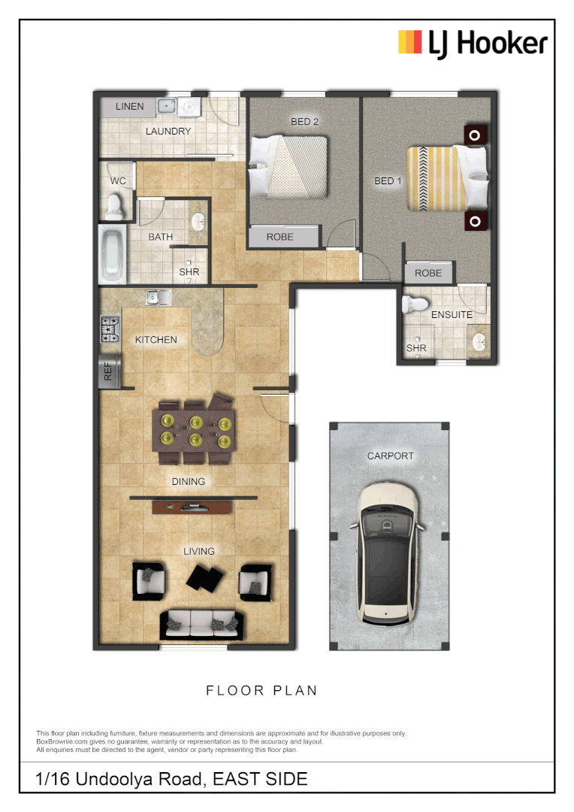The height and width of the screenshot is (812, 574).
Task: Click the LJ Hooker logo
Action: coord(473,43)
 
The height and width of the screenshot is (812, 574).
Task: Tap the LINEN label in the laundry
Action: coord(129,107)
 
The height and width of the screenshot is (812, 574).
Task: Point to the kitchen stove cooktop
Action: coord(110,330)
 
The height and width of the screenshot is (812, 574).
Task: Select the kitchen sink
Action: coord(158,298)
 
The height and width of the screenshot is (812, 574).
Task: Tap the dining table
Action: coord(195,431)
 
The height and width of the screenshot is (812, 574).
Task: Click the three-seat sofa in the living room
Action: coord(201,623)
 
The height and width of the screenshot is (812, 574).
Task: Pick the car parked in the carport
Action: coord(388,553)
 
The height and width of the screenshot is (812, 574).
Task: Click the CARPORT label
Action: coord(390,456)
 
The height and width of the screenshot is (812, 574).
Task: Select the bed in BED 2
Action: coord(290,166)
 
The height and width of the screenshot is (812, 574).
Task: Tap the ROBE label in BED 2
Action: coord(279,237)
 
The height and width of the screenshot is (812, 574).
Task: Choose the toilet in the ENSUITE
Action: coord(414,304)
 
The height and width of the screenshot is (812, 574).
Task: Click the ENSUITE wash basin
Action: coord(478,344)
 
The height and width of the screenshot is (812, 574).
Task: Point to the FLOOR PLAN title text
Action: coord(261,690)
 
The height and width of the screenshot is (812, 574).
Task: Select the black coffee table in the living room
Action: coord(205,577)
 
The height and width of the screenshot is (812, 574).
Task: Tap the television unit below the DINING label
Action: coord(193,507)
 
